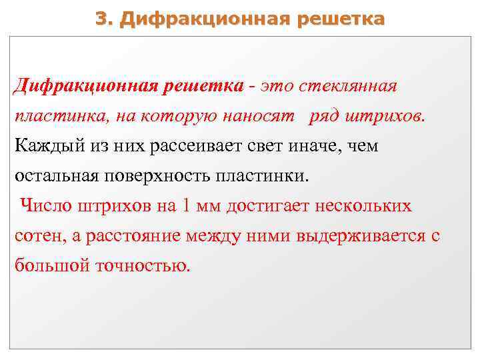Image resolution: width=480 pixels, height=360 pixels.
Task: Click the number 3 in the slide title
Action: (101, 18)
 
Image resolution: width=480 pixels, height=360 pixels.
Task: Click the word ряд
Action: (323, 117)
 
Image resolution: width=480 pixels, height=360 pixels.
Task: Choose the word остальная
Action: (55, 177)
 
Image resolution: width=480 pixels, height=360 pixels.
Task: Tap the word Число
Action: (43, 206)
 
